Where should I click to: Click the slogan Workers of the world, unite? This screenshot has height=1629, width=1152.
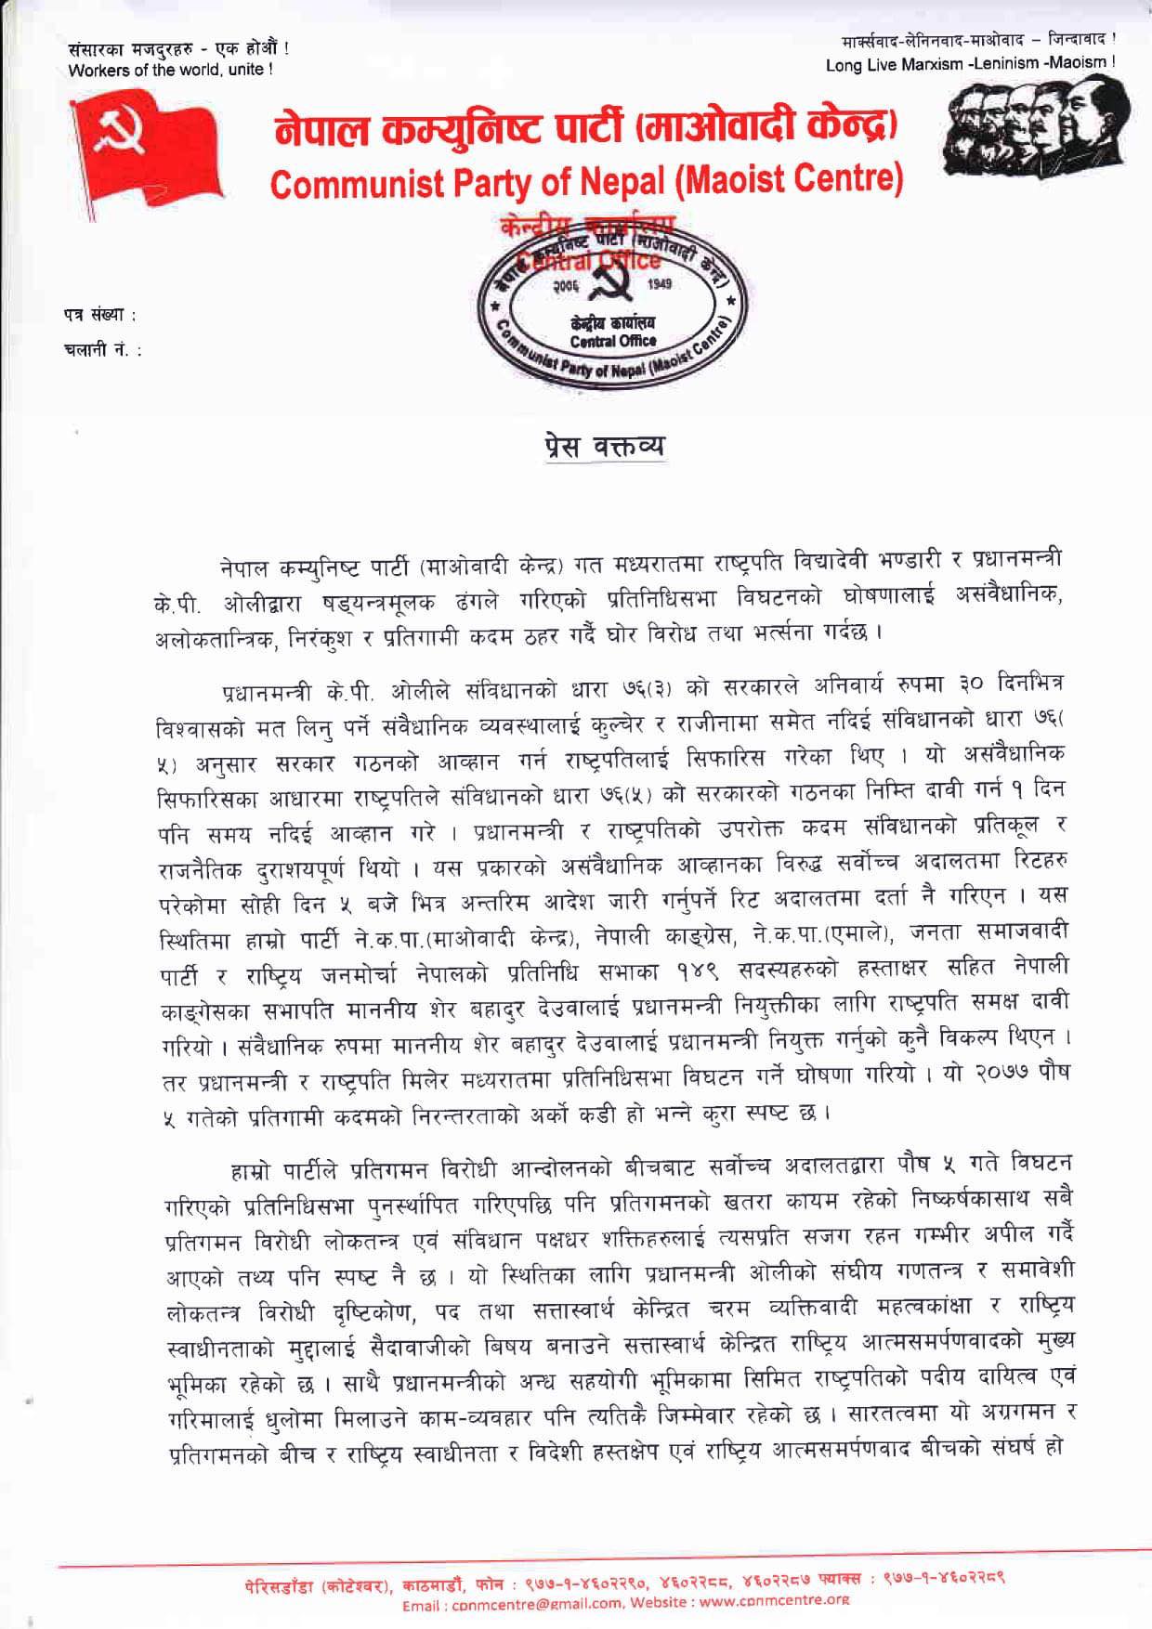pos(171,69)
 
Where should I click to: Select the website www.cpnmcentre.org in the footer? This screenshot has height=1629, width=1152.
pos(779,1599)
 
